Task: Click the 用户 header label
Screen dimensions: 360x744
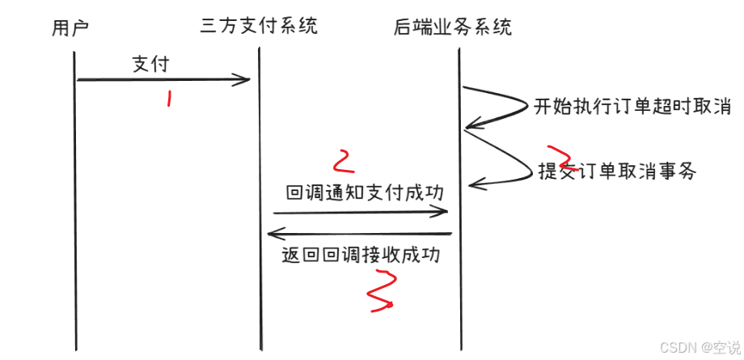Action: point(70,28)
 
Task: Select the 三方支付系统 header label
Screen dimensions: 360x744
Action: point(258,26)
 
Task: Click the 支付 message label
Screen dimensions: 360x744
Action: point(151,63)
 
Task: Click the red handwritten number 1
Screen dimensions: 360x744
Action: point(169,99)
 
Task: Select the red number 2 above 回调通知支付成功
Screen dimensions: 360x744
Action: point(344,161)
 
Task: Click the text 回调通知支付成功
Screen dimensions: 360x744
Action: point(365,193)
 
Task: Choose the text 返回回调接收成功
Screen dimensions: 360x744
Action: point(361,255)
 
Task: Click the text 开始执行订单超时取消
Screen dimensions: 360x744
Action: point(632,107)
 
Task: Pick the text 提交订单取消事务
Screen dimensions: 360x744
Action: point(617,172)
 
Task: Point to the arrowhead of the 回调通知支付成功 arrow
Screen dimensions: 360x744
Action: point(444,212)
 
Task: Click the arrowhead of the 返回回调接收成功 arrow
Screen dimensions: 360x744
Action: point(273,235)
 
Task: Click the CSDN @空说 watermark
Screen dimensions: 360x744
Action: point(700,347)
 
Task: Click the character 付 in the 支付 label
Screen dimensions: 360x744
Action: point(161,63)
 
